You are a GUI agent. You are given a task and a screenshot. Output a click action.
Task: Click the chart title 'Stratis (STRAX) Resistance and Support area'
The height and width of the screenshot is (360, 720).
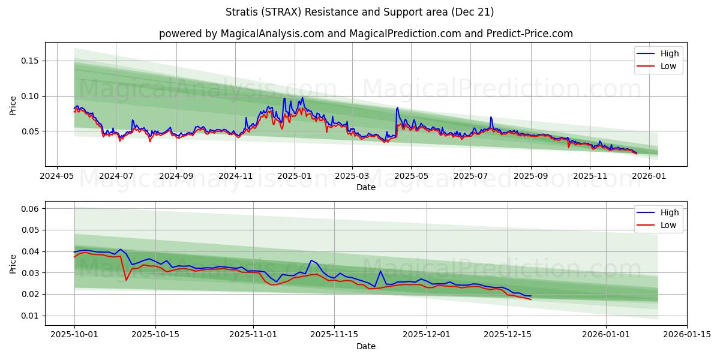point(360,12)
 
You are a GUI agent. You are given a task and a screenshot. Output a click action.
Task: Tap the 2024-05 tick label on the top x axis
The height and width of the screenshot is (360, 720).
point(57,176)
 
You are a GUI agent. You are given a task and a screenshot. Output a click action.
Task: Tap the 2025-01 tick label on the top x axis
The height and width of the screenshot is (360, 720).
point(294,176)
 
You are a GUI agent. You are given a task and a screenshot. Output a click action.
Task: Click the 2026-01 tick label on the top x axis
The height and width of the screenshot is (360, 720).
point(649,176)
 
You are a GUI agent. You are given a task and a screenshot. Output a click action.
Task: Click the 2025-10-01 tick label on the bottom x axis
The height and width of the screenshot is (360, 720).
point(74,335)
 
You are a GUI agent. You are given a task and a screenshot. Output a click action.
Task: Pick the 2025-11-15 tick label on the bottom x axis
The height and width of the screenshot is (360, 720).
point(334,335)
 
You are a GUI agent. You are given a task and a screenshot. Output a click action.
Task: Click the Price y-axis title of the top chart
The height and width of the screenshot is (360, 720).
point(13,105)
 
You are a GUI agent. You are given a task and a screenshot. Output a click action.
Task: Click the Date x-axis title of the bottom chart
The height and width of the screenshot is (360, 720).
point(365,346)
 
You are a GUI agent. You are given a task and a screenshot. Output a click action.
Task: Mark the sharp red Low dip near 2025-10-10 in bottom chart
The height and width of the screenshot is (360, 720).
point(126,280)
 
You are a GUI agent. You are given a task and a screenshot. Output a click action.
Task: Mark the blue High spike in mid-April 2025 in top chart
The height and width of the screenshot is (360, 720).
point(397,108)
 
